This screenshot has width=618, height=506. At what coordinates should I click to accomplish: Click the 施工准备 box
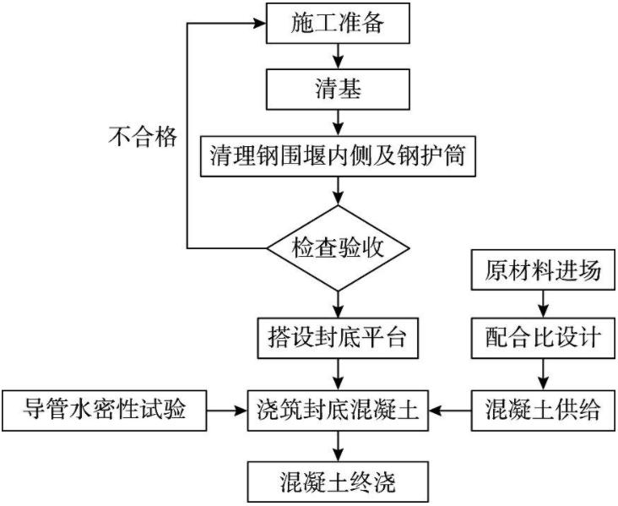click(338, 24)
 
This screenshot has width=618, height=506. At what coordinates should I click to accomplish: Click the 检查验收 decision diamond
click(338, 248)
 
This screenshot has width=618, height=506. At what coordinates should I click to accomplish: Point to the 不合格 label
click(143, 138)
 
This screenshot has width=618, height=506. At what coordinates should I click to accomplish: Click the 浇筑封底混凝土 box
click(338, 412)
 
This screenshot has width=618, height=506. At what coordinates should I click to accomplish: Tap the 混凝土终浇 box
click(338, 483)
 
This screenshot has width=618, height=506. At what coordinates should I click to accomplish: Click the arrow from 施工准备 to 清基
click(338, 57)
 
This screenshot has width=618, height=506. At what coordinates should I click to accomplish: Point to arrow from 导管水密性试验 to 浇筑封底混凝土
click(227, 412)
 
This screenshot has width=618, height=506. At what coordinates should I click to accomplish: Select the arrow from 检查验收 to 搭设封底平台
click(338, 301)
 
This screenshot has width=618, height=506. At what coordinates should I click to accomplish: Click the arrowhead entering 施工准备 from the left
click(257, 23)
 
